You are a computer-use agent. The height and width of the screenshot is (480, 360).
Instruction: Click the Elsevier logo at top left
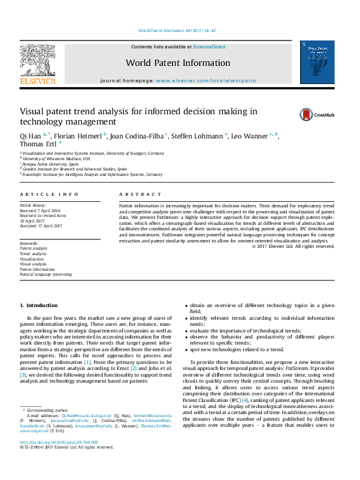[38, 63]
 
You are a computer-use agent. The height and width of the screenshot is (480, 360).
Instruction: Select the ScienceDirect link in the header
[209, 47]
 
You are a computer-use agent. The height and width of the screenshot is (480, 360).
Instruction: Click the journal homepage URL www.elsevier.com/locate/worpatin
[206, 80]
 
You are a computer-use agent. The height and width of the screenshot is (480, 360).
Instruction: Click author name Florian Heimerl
[83, 136]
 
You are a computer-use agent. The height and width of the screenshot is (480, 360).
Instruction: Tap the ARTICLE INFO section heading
[49, 194]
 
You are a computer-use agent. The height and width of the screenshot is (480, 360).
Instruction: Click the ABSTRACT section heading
[140, 194]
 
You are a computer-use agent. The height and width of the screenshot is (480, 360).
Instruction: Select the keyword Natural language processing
[45, 274]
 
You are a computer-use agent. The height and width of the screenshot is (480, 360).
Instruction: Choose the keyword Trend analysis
[33, 254]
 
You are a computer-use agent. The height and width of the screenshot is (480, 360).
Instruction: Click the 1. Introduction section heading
[39, 305]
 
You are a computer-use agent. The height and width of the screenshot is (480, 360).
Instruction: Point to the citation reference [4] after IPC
[245, 400]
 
